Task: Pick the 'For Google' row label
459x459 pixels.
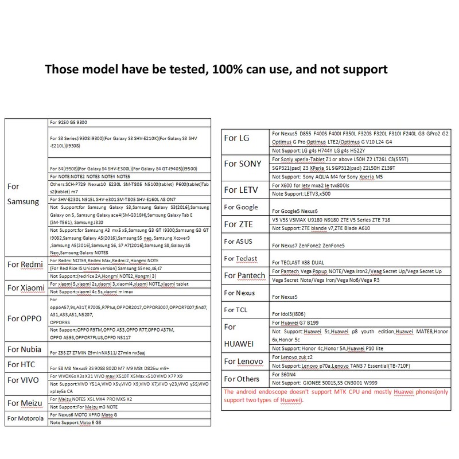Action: point(241,207)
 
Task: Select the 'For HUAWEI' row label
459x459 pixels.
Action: point(240,336)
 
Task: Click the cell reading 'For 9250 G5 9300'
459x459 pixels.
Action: point(68,123)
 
